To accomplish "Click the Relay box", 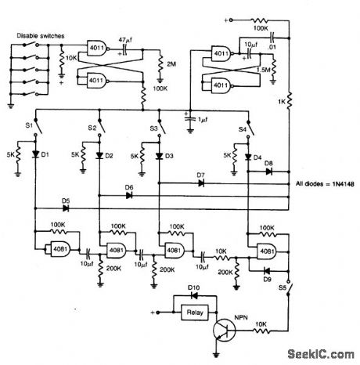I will pos(192,313).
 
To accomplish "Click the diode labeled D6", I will pos(128,194).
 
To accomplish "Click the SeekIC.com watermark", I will pos(318,353).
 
